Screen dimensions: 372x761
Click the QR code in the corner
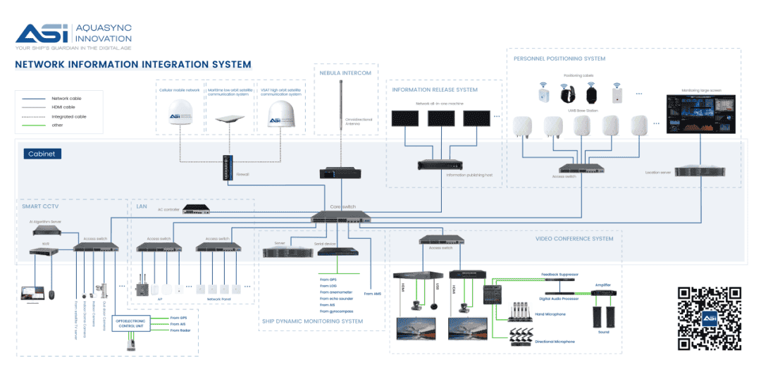coord(709,318)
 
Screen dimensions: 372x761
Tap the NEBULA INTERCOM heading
coord(345,73)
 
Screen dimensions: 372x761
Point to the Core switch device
coord(340,217)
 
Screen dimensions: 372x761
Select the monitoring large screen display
coord(701,113)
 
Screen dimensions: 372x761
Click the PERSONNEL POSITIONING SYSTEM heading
coord(559,58)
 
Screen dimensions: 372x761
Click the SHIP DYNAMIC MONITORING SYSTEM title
coord(312,321)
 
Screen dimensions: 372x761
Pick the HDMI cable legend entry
coord(63,107)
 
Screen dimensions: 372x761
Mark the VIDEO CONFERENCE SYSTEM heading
coord(574,239)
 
